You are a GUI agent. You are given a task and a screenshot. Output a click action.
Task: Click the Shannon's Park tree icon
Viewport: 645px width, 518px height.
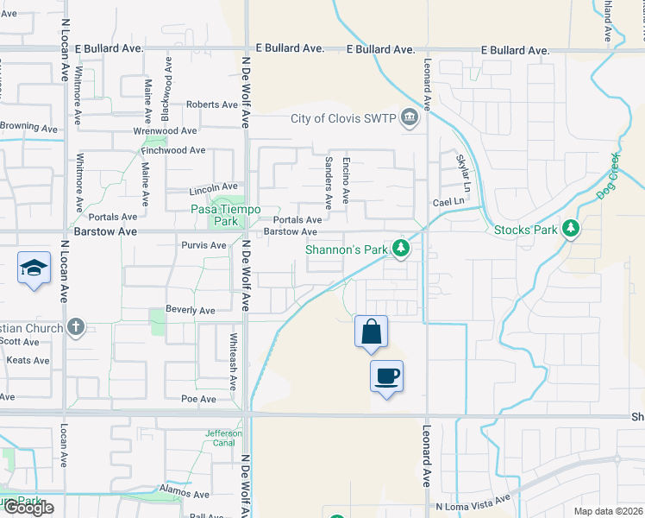tap(400, 250)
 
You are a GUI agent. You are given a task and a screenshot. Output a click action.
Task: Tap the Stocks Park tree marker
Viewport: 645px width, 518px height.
tap(569, 229)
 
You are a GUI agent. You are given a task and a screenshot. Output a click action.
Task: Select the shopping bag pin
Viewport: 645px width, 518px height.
tap(371, 332)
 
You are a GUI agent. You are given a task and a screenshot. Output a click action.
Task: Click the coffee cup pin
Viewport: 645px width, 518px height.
tap(386, 376)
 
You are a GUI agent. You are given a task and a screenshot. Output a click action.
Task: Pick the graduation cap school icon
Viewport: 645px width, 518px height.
tap(33, 268)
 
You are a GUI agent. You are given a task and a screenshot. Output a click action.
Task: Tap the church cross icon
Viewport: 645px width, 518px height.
tap(76, 328)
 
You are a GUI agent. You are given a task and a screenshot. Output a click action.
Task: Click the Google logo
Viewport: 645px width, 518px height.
tap(28, 509)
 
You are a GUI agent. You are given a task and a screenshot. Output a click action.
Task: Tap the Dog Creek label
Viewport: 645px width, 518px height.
tap(608, 176)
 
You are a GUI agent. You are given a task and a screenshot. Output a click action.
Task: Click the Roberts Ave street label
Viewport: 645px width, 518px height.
tap(212, 104)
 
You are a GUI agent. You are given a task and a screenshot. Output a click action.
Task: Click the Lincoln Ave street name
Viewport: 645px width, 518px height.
tap(213, 186)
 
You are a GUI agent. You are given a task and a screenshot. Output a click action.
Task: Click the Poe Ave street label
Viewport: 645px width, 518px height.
tap(198, 399)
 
